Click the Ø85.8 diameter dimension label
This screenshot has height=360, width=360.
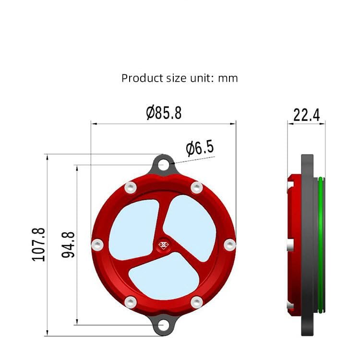164,113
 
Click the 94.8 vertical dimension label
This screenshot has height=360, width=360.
69,244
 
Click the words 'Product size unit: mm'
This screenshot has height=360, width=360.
180,78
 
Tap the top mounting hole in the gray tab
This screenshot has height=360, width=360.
164,165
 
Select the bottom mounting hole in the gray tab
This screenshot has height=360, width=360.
164,325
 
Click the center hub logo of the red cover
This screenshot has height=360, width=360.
163,244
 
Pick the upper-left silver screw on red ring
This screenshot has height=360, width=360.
130,187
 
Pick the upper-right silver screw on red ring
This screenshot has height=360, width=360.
196,187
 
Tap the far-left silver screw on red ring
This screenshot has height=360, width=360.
97,245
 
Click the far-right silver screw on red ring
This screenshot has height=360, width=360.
229,245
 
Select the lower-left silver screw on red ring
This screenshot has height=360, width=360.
130,302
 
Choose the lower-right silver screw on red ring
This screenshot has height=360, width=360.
196,302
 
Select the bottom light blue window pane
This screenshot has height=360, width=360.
163,278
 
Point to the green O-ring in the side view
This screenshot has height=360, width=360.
320,245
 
